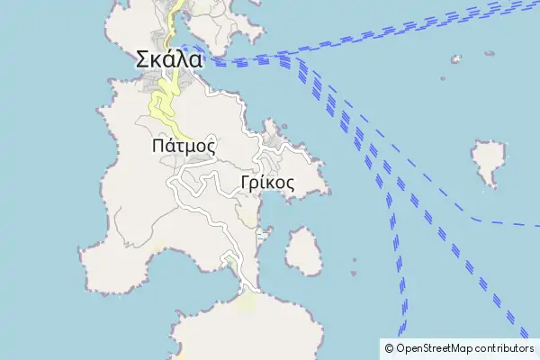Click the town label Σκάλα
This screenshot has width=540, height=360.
169,60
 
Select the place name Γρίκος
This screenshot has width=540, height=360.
268,182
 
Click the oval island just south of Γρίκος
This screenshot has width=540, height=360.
304,251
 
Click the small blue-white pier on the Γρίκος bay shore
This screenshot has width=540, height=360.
262,236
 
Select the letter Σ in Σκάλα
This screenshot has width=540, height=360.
142,60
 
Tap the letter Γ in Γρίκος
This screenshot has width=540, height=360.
246,182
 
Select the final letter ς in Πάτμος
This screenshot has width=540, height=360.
210,146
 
